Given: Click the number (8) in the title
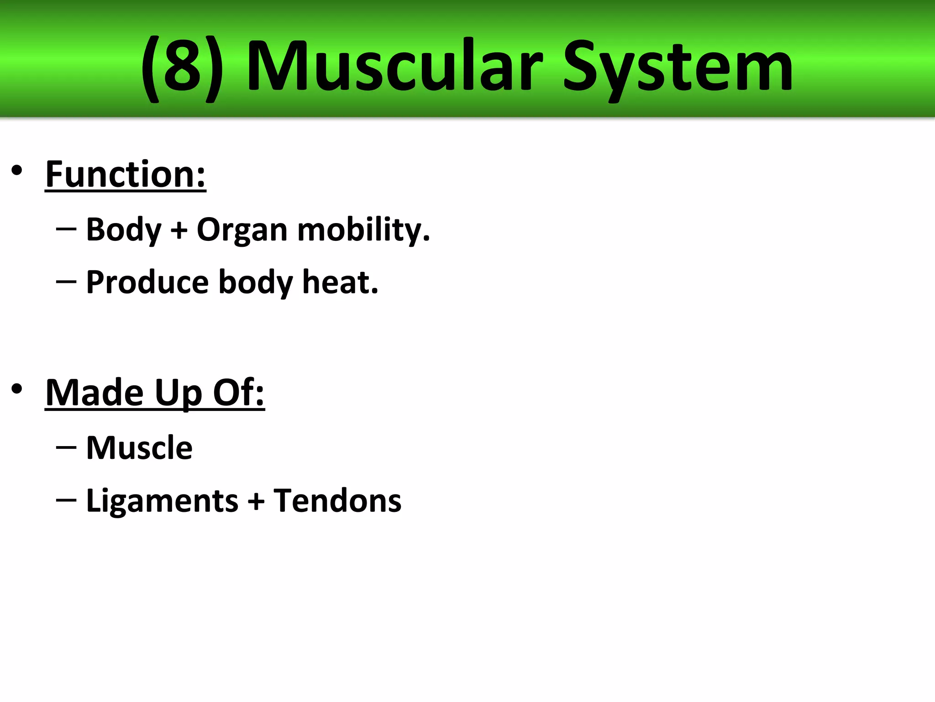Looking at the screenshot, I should coord(182,69).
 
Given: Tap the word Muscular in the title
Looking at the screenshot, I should coord(394,68).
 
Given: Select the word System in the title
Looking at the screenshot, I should coord(678,69).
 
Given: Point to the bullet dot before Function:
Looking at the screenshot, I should coord(17,170).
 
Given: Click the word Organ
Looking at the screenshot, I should coord(242,230).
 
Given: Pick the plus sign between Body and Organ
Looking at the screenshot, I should coord(179,230).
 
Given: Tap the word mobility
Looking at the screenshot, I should coord(363,230).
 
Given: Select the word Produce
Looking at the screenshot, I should coord(147,282).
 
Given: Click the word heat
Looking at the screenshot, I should coord(340,282).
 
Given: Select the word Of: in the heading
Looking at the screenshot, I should coord(239,393).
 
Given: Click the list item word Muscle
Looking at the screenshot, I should coord(139,448).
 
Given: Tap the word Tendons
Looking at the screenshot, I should coord(337,500).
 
